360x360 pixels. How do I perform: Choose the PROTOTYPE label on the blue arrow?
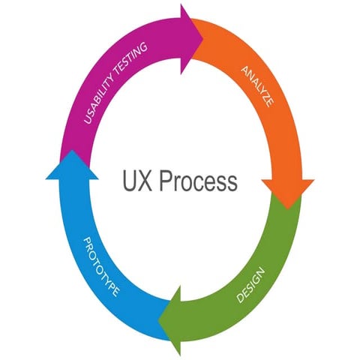pos(100,266)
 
